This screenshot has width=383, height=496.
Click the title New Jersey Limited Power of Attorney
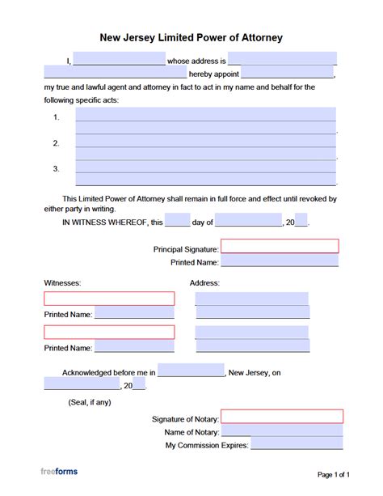(x=191, y=37)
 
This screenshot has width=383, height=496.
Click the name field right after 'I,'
(x=119, y=59)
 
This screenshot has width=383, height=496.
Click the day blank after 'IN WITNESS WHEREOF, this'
(x=178, y=221)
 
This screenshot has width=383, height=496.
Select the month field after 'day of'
(x=248, y=221)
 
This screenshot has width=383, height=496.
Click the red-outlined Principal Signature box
(x=280, y=247)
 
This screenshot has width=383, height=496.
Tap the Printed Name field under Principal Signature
(x=280, y=261)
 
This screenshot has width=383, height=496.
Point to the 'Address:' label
(x=205, y=283)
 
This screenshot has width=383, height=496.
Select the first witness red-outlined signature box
(x=109, y=299)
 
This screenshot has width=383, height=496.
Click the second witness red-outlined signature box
(x=109, y=332)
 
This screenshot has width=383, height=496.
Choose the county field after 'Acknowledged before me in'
(x=191, y=371)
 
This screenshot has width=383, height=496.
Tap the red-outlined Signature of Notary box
(x=282, y=417)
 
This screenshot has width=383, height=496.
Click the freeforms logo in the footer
(x=60, y=471)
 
